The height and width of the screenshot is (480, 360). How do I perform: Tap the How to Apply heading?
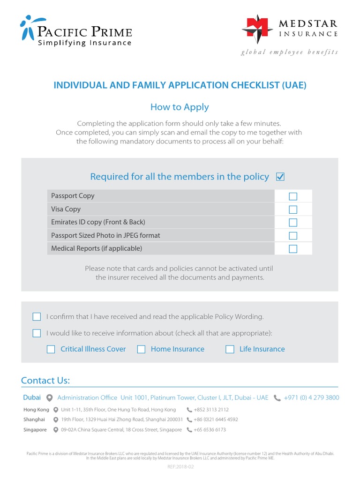pyautogui.click(x=180, y=107)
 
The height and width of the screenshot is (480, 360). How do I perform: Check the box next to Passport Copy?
pyautogui.click(x=293, y=196)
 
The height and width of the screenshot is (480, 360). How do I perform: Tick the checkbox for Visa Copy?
pyautogui.click(x=293, y=209)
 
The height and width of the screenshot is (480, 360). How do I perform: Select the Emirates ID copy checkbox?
pyautogui.click(x=293, y=222)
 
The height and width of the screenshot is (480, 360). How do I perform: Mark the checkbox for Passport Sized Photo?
pyautogui.click(x=293, y=235)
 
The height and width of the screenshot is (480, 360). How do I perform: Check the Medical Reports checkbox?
pyautogui.click(x=293, y=248)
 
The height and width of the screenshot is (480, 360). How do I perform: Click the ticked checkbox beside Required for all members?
pyautogui.click(x=280, y=177)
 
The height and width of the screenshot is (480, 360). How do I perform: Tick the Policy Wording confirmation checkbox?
pyautogui.click(x=37, y=317)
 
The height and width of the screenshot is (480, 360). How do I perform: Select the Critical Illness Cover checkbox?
pyautogui.click(x=51, y=349)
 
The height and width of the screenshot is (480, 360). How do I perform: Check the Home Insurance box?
pyautogui.click(x=141, y=349)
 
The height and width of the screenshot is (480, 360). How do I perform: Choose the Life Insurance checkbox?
pyautogui.click(x=230, y=349)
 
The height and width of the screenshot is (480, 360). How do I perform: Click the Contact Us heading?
pyautogui.click(x=45, y=380)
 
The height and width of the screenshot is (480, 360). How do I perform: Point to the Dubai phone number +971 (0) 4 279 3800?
pyautogui.click(x=311, y=397)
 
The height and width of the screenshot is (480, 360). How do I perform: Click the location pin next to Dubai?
pyautogui.click(x=49, y=398)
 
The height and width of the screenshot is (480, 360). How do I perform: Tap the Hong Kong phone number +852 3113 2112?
pyautogui.click(x=211, y=410)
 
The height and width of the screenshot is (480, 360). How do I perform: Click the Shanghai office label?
pyautogui.click(x=34, y=420)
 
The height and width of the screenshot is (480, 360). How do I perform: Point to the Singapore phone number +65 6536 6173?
pyautogui.click(x=210, y=430)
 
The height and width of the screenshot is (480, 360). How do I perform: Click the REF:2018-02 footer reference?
pyautogui.click(x=180, y=467)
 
